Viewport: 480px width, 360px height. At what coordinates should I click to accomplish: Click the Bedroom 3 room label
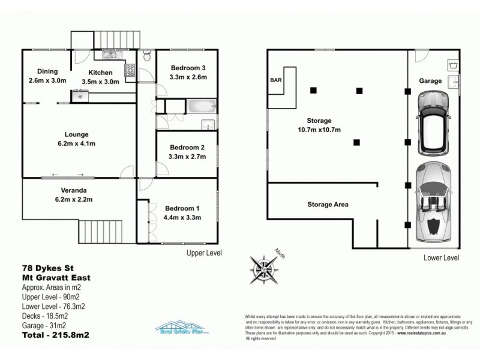188,67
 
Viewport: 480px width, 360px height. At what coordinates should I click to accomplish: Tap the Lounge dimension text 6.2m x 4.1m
82,143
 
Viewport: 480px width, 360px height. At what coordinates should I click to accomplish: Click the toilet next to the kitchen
147,57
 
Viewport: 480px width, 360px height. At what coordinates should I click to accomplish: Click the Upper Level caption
204,253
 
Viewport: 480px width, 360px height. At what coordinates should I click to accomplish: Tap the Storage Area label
328,205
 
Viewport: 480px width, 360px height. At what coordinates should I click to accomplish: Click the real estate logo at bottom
181,327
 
